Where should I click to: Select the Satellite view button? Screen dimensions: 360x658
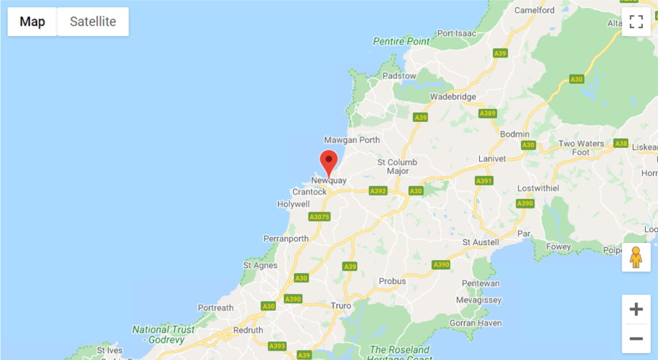(x=93, y=22)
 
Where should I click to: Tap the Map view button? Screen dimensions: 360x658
(x=32, y=22)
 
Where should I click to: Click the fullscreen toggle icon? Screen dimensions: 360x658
(x=636, y=22)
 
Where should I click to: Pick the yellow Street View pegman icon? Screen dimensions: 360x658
(x=636, y=257)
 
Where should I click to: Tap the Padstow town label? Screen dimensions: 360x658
(x=399, y=75)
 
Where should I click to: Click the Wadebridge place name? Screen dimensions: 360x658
(x=453, y=97)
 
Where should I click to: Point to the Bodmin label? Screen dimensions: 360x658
(x=514, y=134)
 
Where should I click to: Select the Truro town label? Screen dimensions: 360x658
(x=340, y=305)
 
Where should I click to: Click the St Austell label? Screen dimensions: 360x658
(x=481, y=242)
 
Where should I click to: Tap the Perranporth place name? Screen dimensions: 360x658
(x=286, y=239)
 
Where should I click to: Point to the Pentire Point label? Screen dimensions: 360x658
(x=401, y=42)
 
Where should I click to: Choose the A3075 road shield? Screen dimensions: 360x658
(x=319, y=216)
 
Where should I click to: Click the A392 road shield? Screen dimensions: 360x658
(x=378, y=191)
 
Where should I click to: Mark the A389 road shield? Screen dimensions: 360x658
(x=488, y=114)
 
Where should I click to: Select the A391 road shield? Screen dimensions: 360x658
(x=483, y=180)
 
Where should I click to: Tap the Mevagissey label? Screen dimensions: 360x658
(x=479, y=299)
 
